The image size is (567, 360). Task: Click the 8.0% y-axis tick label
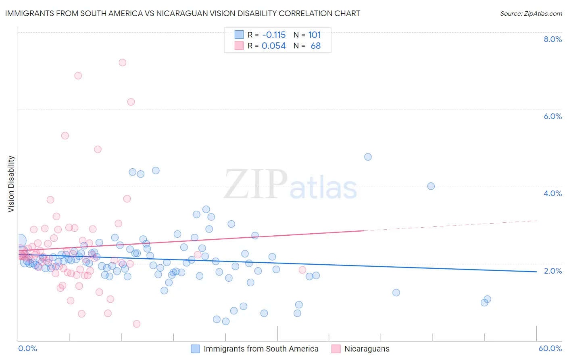[x=552, y=39]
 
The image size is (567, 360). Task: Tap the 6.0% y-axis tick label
[x=552, y=116]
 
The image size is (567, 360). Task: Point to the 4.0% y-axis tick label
[x=552, y=193]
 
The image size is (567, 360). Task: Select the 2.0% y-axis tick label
[x=552, y=271]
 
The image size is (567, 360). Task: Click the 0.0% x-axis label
[x=27, y=348]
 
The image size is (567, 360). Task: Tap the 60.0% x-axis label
[x=550, y=348]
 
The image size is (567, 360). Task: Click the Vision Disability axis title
[x=11, y=184]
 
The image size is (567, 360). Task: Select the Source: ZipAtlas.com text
[x=531, y=13]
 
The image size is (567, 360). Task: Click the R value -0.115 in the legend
[x=273, y=35]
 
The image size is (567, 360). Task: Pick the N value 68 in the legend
[x=315, y=46]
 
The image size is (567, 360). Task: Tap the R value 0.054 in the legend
[x=273, y=46]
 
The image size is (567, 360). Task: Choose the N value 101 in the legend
[x=314, y=35]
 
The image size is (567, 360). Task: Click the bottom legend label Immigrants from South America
[x=261, y=349]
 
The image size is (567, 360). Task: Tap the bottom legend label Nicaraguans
[x=367, y=349]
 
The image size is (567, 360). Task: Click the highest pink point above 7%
[x=123, y=63]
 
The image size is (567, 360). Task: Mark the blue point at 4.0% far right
[x=431, y=186]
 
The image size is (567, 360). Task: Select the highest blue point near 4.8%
[x=368, y=157]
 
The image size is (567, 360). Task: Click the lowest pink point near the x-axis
[x=137, y=324]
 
